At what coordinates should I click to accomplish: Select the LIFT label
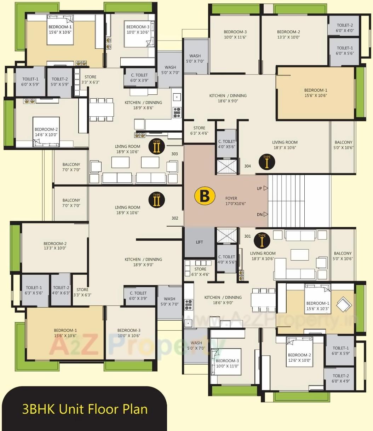pyautogui.click(x=200, y=242)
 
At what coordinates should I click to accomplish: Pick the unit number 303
pyautogui.click(x=174, y=154)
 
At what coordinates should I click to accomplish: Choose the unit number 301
pyautogui.click(x=247, y=236)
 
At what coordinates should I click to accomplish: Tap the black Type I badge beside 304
pyautogui.click(x=267, y=162)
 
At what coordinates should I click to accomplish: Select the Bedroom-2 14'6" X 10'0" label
pyautogui.click(x=46, y=132)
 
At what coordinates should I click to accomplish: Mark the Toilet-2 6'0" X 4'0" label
pyautogui.click(x=345, y=28)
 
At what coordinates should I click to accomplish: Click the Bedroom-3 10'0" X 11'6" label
pyautogui.click(x=235, y=34)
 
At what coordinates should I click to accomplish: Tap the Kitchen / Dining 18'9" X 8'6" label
pyautogui.click(x=143, y=105)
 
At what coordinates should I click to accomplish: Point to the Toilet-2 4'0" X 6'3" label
pyautogui.click(x=61, y=290)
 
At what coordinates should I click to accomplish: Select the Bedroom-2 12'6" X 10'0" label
pyautogui.click(x=299, y=357)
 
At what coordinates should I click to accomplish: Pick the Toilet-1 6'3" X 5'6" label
pyautogui.click(x=34, y=290)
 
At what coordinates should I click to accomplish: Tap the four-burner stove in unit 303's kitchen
pyautogui.click(x=177, y=112)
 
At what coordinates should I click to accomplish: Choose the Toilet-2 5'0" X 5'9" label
pyautogui.click(x=59, y=82)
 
